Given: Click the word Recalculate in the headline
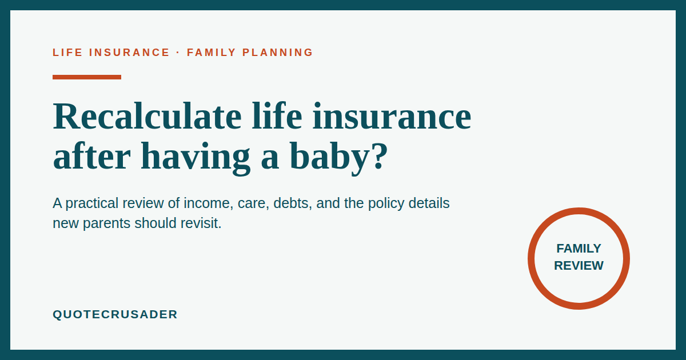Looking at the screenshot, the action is pyautogui.click(x=147, y=115).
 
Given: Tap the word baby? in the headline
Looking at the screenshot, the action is pyautogui.click(x=338, y=156).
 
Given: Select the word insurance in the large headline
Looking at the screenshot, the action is pyautogui.click(x=392, y=115).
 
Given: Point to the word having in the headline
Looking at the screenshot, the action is pyautogui.click(x=196, y=156).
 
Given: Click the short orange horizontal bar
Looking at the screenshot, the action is pyautogui.click(x=87, y=77).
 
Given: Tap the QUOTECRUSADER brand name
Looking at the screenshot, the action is pyautogui.click(x=115, y=314).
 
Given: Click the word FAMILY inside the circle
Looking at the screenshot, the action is pyautogui.click(x=579, y=249).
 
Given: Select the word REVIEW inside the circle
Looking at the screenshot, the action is pyautogui.click(x=579, y=265).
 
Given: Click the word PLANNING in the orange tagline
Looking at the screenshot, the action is pyautogui.click(x=277, y=53).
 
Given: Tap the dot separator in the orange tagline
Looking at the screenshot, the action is pyautogui.click(x=178, y=53).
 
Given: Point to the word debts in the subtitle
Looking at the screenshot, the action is pyautogui.click(x=293, y=203).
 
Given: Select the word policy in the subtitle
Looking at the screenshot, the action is pyautogui.click(x=386, y=204).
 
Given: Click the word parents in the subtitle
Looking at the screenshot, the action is pyautogui.click(x=106, y=224).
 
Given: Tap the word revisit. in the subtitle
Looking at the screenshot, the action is pyautogui.click(x=201, y=223).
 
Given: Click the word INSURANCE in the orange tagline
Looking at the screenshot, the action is pyautogui.click(x=129, y=53).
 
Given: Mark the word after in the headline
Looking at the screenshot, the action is pyautogui.click(x=92, y=156).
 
